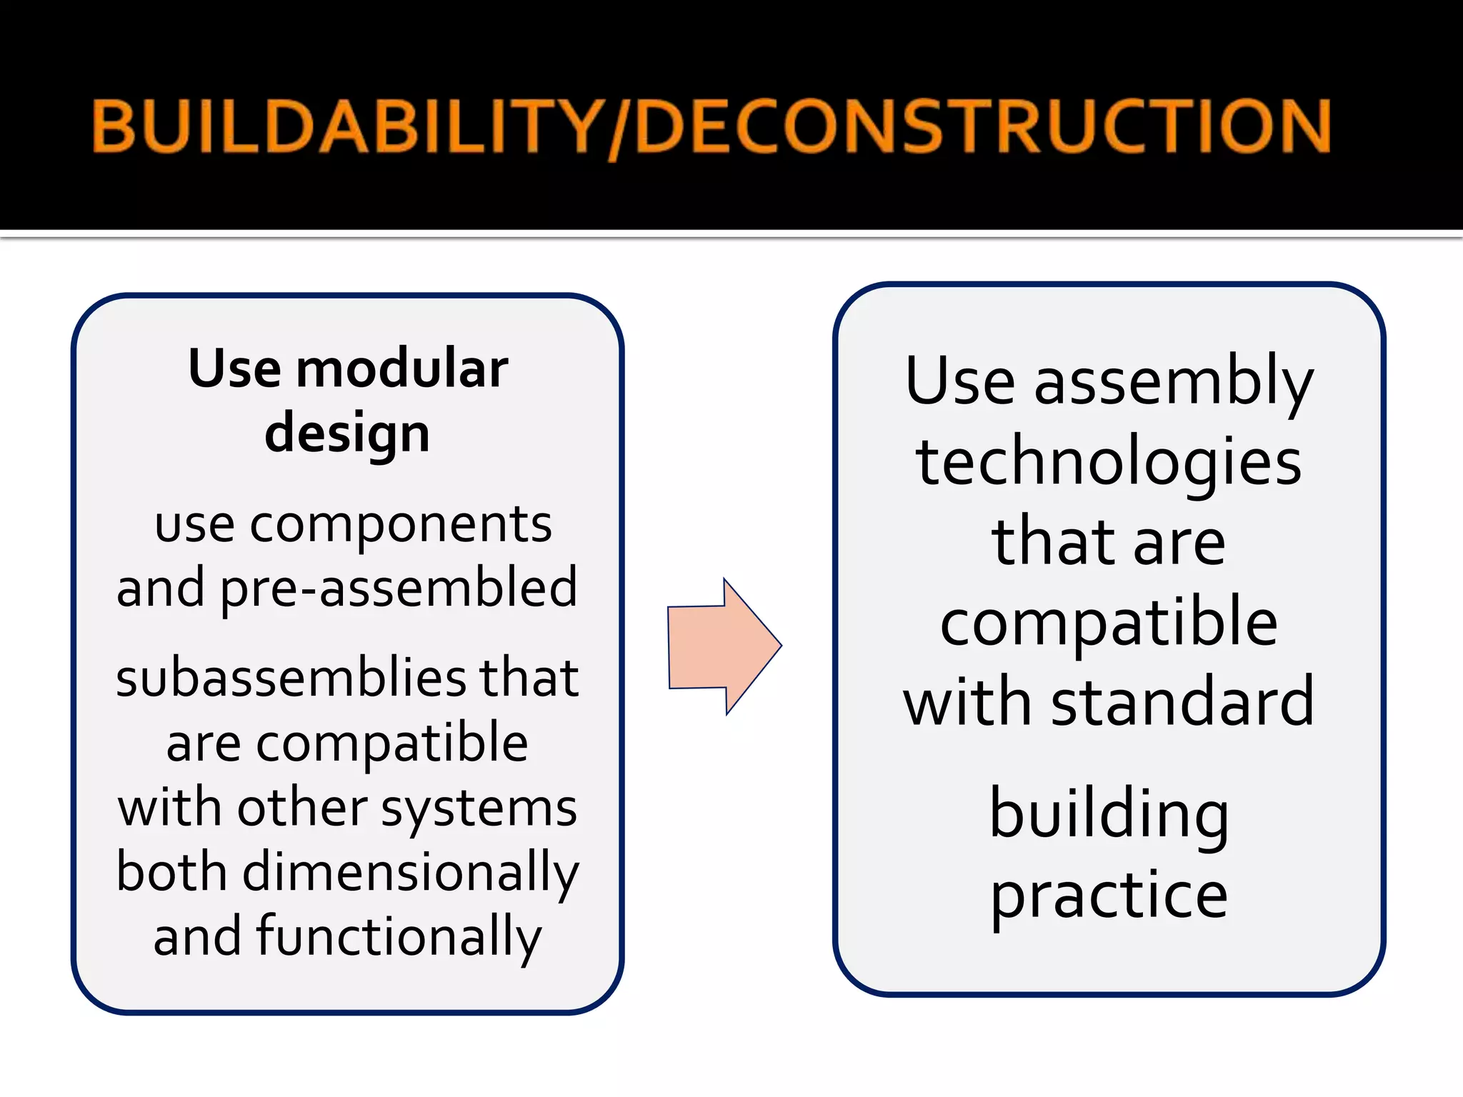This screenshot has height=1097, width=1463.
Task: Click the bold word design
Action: [347, 433]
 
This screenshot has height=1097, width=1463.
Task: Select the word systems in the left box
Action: [479, 809]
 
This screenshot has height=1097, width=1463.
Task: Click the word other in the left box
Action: [302, 809]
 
